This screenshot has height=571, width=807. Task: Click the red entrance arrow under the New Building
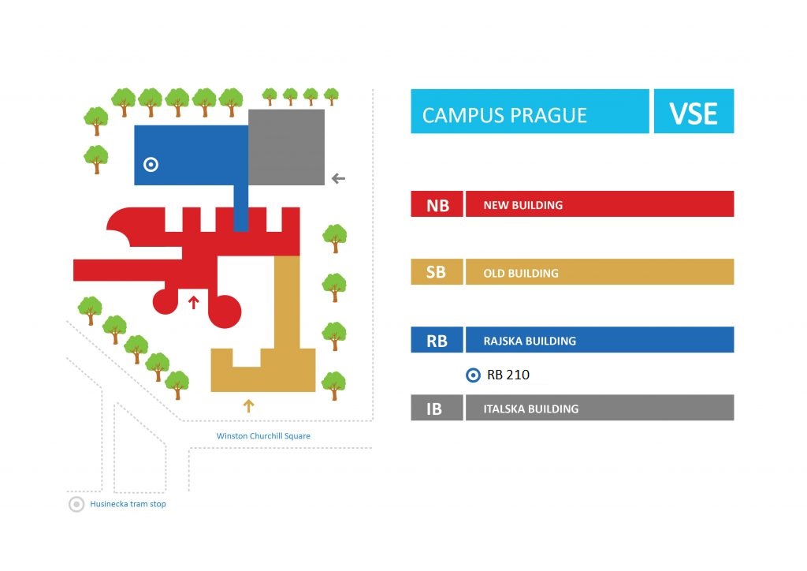[194, 302]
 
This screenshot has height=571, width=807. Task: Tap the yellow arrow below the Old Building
[248, 405]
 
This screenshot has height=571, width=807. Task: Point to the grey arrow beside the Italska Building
[338, 179]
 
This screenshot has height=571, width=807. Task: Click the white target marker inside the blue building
[151, 164]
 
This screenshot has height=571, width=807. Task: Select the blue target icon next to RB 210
[473, 375]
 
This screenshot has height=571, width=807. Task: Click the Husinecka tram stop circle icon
[76, 504]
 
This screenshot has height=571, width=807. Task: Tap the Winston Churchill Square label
[263, 435]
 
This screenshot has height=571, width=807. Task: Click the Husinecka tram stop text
[128, 503]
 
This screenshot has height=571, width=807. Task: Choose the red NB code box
[437, 204]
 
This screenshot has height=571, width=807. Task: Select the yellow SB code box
[437, 272]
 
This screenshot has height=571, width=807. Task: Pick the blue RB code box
[437, 340]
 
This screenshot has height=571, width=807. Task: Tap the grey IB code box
[437, 408]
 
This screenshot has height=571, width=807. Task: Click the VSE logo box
[694, 111]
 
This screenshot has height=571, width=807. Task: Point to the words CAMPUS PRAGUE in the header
[504, 115]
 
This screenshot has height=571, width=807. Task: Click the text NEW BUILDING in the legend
[523, 205]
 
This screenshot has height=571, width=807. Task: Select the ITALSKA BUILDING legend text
[530, 409]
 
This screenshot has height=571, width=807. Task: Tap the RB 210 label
[508, 375]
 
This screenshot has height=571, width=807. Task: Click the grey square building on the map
[287, 147]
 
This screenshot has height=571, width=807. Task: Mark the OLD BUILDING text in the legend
[521, 274]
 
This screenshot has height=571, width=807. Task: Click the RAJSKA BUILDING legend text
[530, 341]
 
